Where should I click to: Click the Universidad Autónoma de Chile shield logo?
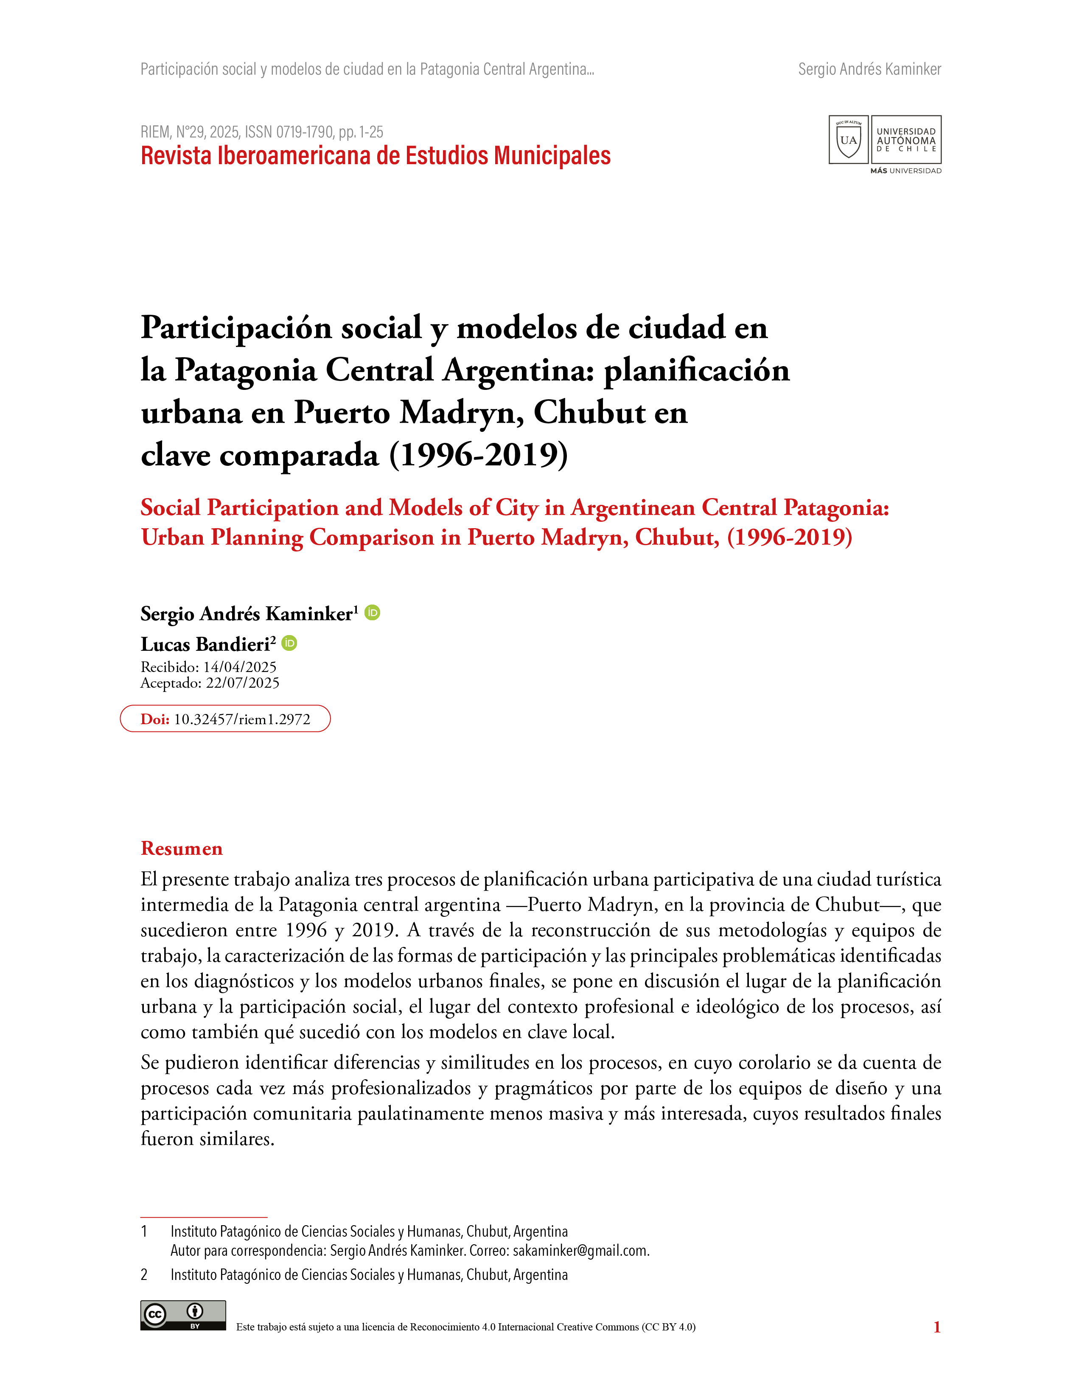[848, 140]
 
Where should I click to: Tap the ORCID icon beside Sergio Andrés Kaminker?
[373, 613]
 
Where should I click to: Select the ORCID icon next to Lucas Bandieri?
[290, 643]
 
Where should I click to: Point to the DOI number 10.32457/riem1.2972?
[242, 719]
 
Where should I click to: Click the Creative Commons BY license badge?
[183, 1316]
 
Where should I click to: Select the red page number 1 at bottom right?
[936, 1327]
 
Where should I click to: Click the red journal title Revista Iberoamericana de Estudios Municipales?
[375, 156]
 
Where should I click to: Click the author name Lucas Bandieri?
[205, 644]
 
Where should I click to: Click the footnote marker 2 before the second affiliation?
[144, 1275]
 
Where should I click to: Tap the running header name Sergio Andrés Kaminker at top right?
[869, 69]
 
